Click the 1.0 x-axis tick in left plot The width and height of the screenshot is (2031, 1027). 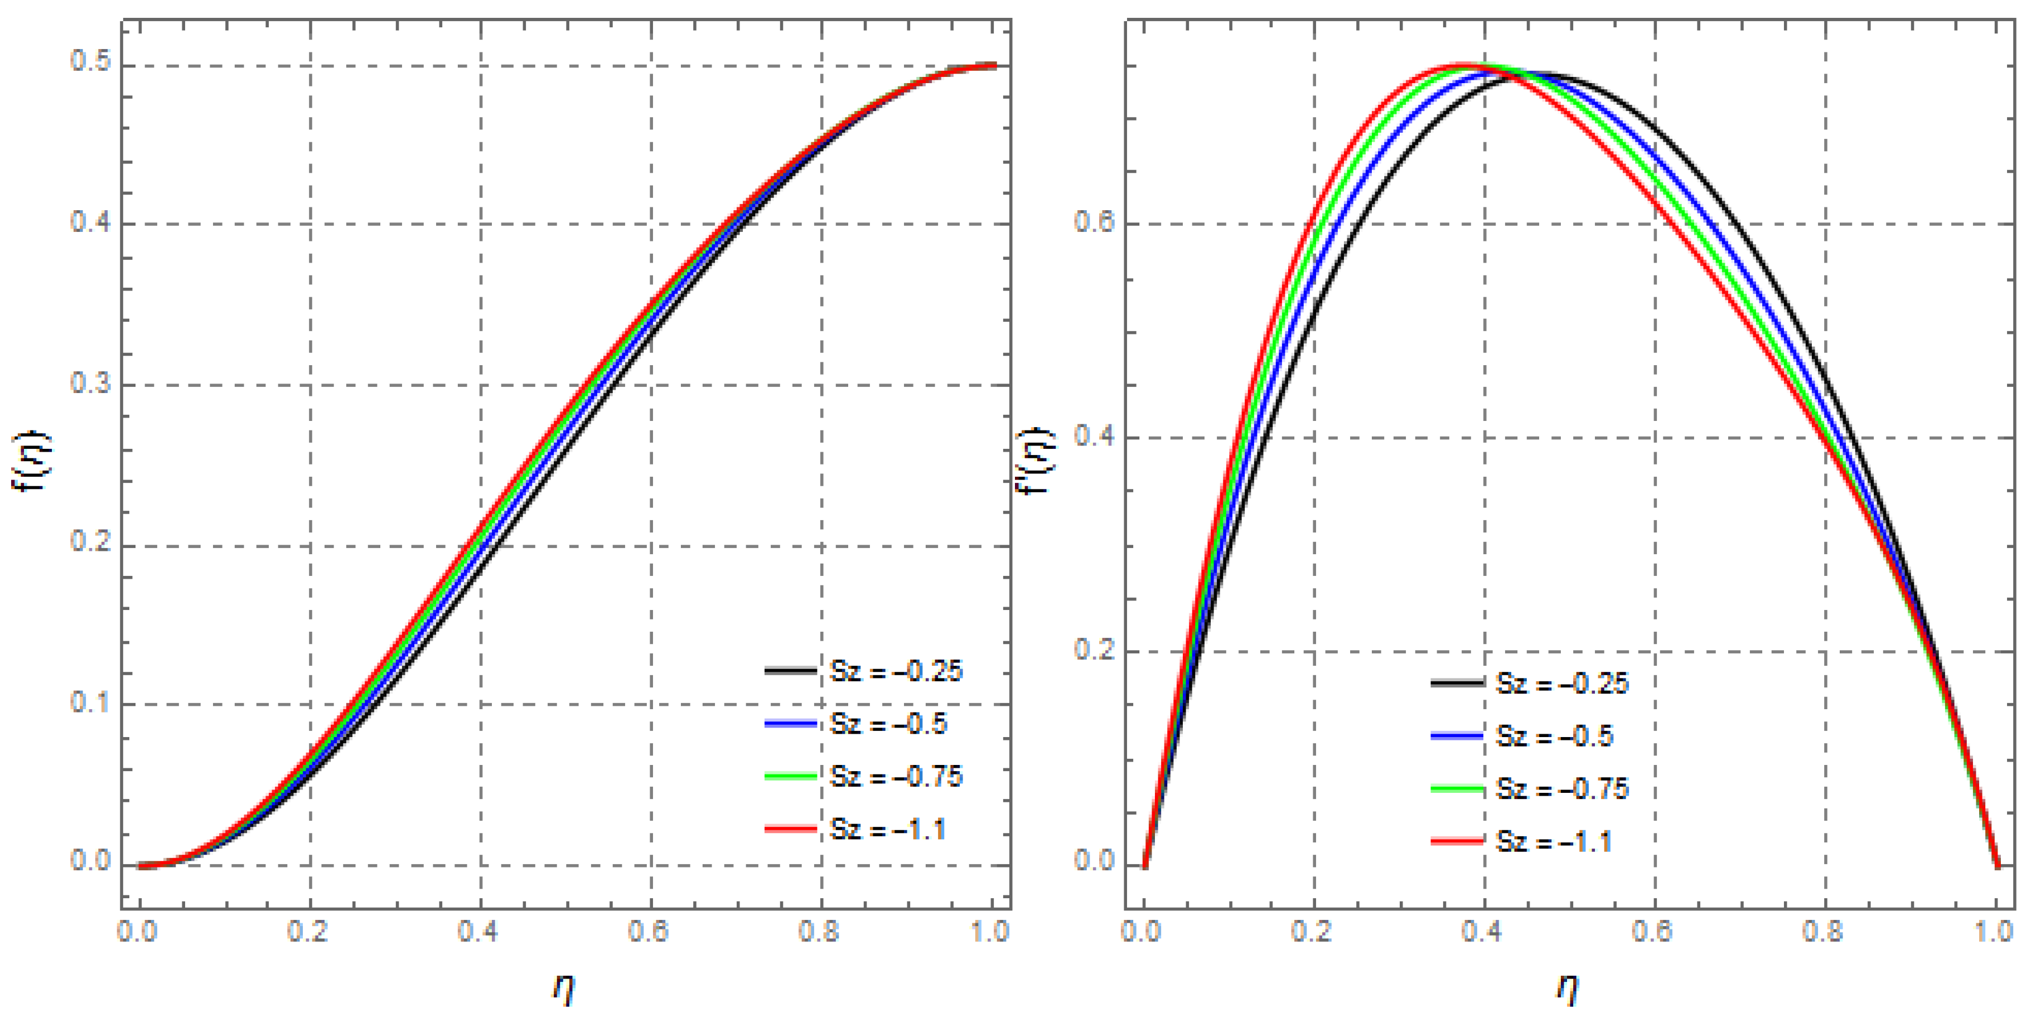990,932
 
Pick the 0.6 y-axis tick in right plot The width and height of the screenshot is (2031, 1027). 1094,222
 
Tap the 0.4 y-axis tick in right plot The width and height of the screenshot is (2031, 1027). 1094,436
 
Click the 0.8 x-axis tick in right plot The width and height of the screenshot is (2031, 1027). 1823,932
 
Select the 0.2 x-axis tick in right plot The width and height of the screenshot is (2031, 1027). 1312,932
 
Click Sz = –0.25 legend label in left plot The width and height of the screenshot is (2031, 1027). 896,671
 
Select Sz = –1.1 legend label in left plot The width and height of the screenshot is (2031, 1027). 888,829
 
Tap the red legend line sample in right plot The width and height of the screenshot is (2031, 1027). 1457,842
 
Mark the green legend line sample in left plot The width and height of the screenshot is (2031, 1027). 791,776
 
